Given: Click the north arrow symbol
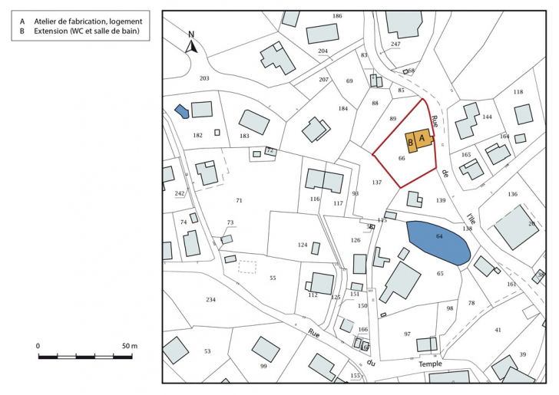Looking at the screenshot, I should coord(192,44).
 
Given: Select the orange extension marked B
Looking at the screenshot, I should coord(411,142).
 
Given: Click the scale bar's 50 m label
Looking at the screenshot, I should coord(129,347).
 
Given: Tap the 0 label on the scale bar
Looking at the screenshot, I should coord(38,347).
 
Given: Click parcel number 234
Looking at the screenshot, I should coord(211,299).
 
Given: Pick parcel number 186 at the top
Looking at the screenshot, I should coord(337,16).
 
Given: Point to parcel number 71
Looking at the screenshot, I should coord(239,200).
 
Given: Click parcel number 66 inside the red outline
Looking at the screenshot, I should coord(402,158).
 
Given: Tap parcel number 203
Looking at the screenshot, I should coord(204,78).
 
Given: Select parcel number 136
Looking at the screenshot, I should coord(512,195).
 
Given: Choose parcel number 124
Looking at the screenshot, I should coord(303,245).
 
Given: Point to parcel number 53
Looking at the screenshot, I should coord(207,351).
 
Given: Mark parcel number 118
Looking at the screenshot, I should coord(518,92).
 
